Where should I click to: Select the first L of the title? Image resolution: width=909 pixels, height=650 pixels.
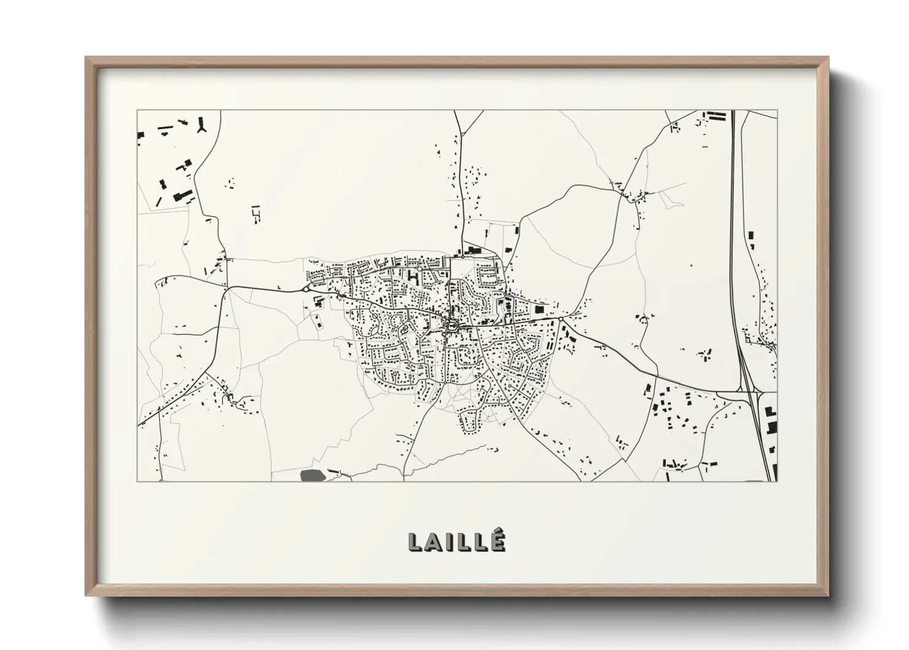[x=416, y=542]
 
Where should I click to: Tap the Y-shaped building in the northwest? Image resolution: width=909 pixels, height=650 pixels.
[x=200, y=126]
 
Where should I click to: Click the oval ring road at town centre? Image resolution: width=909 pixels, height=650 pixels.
[x=453, y=326]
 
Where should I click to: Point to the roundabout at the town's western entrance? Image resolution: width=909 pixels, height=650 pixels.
[x=305, y=289]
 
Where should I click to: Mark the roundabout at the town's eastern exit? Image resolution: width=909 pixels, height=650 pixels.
[x=561, y=319]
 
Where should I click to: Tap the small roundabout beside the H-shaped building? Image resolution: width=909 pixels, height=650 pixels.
[x=419, y=268]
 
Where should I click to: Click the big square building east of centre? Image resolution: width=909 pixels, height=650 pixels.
[x=539, y=310]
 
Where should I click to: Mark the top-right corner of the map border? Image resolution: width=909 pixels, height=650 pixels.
[x=777, y=111]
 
